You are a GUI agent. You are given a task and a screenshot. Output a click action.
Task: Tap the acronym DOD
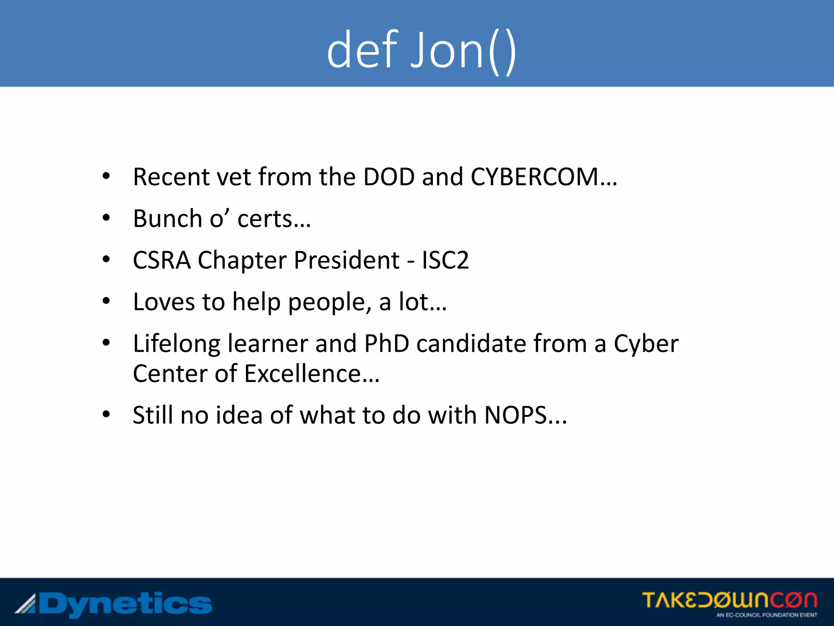pos(388,177)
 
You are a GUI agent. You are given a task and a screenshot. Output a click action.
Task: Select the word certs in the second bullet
pos(265,219)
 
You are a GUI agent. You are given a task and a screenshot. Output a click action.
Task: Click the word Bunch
pos(167,219)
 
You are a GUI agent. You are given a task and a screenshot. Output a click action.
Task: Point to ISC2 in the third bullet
pos(445,260)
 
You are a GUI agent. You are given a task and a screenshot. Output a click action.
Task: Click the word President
pos(347,260)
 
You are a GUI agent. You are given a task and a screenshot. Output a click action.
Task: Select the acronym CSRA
pos(162,260)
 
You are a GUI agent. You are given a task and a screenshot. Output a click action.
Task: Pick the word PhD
pos(386,344)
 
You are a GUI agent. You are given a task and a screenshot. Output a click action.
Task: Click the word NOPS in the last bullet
pos(515,415)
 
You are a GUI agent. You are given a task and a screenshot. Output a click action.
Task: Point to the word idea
pos(239,415)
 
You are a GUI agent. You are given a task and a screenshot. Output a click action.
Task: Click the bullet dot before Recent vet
pos(106,176)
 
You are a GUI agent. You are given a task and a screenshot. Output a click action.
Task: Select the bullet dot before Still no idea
pos(106,414)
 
